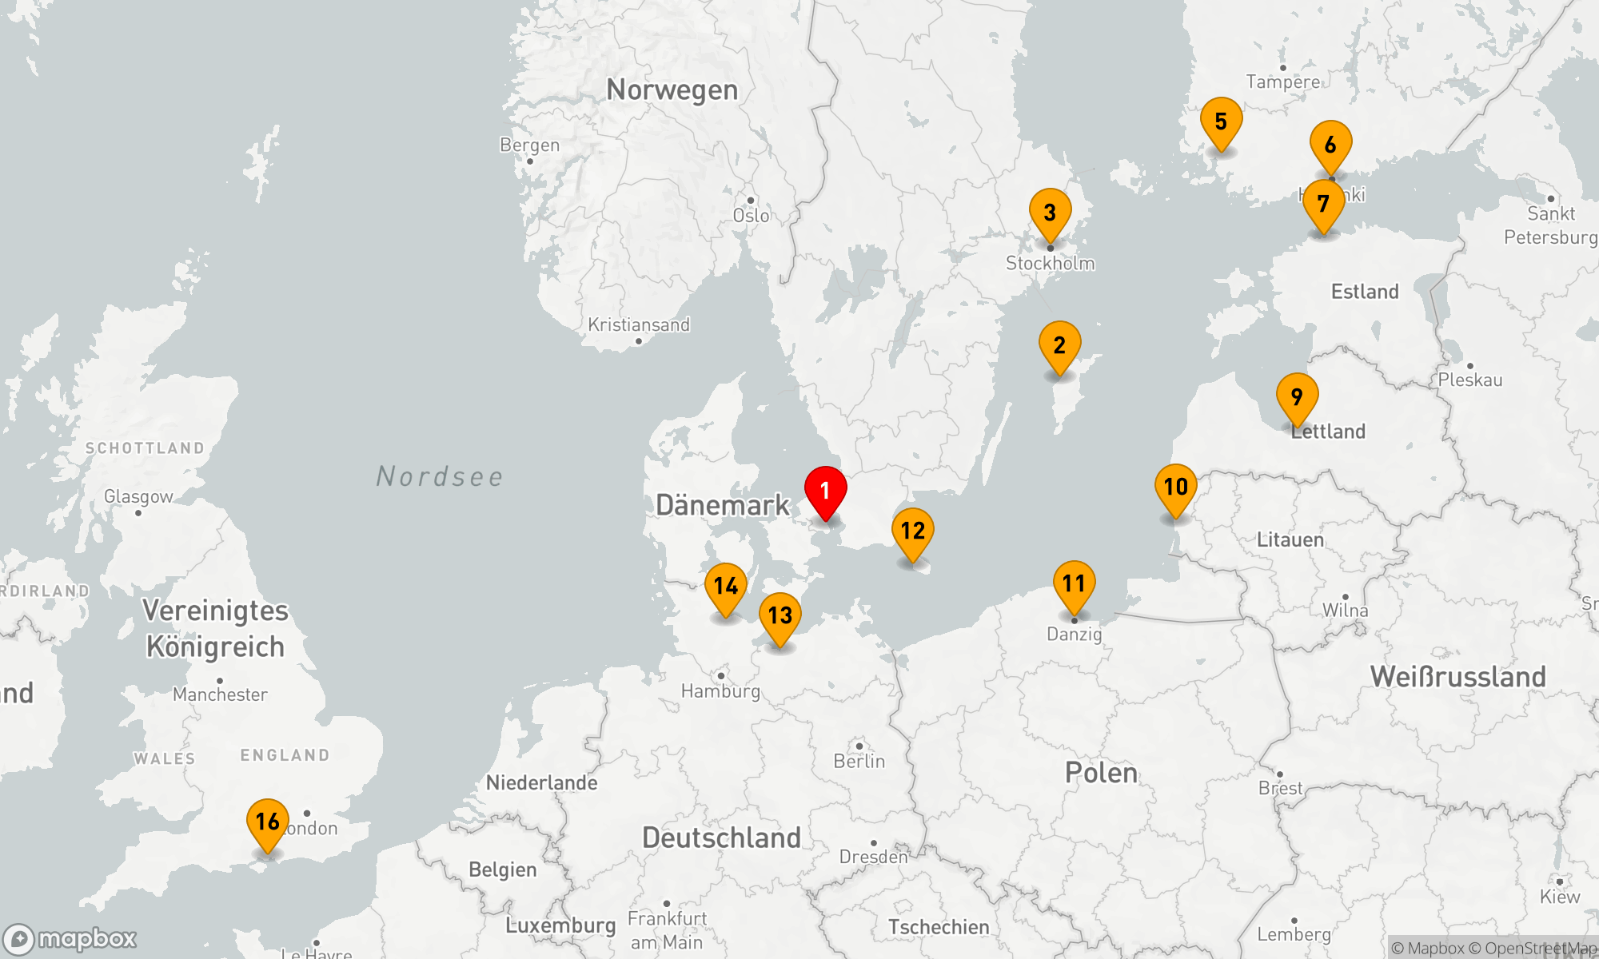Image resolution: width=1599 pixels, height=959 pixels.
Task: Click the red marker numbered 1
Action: (x=825, y=491)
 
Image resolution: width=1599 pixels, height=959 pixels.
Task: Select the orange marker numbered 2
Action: (x=1059, y=346)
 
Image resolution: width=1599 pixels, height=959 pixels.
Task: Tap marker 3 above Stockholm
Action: (x=1050, y=213)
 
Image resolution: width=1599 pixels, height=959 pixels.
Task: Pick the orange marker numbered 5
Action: (x=1221, y=122)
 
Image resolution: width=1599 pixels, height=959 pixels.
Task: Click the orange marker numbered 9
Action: (x=1297, y=397)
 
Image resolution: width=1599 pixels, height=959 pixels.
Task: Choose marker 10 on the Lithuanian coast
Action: (x=1175, y=487)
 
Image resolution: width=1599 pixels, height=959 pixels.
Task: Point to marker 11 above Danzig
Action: (x=1074, y=584)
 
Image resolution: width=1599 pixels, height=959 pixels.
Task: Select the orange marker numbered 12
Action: (x=912, y=531)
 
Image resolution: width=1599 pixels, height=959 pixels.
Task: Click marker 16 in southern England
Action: (x=267, y=822)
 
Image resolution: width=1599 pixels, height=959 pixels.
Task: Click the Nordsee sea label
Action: (x=440, y=477)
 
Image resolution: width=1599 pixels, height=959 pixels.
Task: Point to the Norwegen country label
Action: (x=672, y=90)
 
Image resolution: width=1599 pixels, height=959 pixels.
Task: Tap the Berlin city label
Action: (x=859, y=761)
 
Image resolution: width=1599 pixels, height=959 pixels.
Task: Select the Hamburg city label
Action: (x=720, y=690)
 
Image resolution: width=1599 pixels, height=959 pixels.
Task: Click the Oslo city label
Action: (x=751, y=216)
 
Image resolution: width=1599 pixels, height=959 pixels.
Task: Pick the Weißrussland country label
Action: (x=1457, y=677)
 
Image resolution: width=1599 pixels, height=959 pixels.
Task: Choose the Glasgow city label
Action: (x=138, y=497)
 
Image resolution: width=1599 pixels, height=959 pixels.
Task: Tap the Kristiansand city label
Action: (x=638, y=325)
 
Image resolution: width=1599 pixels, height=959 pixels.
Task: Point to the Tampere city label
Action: (x=1282, y=82)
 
